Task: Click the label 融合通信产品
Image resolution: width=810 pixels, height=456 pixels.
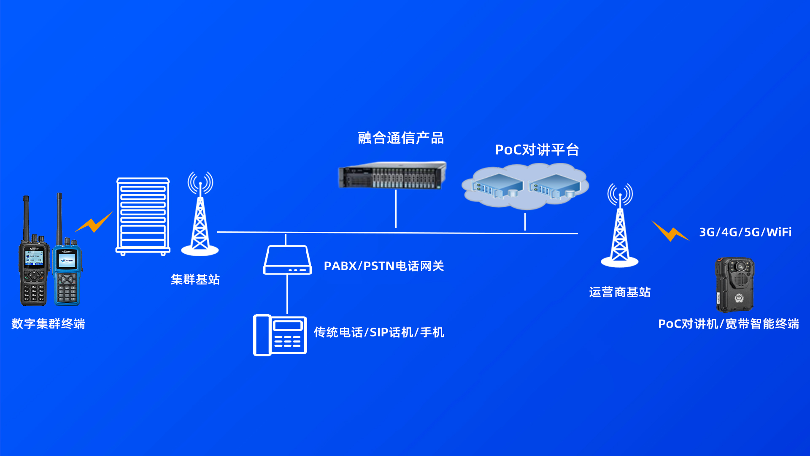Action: [400, 138]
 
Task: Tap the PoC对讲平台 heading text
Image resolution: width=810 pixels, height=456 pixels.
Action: [537, 150]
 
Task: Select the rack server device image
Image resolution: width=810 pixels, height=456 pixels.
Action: [392, 175]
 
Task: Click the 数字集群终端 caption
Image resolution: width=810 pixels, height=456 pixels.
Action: [48, 324]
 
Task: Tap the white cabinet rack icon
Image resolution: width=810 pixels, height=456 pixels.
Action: [143, 216]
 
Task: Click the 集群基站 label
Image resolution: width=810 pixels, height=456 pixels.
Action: [195, 280]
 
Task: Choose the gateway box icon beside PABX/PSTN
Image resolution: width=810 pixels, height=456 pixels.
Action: [287, 260]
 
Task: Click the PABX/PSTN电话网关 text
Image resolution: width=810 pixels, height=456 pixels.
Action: [383, 266]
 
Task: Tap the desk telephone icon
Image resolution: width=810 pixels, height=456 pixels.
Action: [280, 335]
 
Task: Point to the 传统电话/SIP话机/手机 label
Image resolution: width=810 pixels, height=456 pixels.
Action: [378, 333]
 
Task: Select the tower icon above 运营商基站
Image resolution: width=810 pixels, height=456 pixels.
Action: [620, 226]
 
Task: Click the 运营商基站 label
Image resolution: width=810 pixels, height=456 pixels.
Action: [619, 292]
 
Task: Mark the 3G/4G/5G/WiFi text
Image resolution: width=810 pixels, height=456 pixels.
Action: [745, 232]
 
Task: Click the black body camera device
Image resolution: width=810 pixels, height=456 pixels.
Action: [734, 284]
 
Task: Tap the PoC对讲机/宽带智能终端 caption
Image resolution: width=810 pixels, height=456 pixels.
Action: [729, 324]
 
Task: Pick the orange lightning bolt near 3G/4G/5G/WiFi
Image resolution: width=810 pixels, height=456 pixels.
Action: [670, 231]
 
